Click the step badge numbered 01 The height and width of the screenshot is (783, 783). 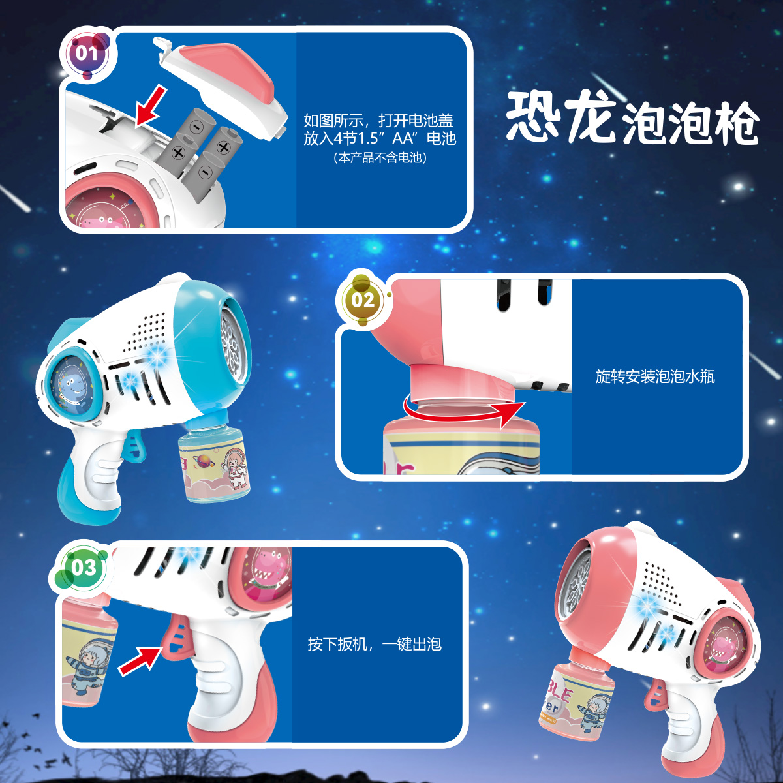coord(87,54)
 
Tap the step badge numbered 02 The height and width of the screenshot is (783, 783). coord(363,301)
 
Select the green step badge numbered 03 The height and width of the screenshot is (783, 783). coord(84,568)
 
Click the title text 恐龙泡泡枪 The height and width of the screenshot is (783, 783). coord(632,118)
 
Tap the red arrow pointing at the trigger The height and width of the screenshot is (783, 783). coord(140,658)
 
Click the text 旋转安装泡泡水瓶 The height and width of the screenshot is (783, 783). coord(655,376)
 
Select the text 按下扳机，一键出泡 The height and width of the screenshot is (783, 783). coord(375,645)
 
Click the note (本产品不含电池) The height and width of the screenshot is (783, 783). coord(380,158)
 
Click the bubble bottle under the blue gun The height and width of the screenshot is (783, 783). coord(213,463)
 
